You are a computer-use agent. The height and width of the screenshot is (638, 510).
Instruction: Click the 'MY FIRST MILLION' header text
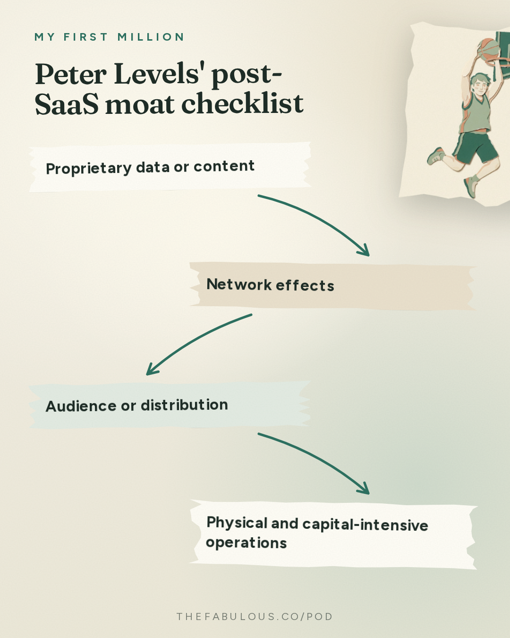(110, 37)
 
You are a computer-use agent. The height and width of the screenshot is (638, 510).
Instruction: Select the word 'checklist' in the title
(242, 103)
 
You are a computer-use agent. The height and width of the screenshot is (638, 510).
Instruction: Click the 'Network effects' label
(270, 285)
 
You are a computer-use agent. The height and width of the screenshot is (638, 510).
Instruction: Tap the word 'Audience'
(81, 406)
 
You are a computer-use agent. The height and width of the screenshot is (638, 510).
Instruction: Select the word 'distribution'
(184, 405)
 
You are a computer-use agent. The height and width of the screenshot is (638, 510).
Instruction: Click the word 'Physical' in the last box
(237, 523)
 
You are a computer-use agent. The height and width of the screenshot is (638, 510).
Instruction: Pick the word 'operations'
(246, 543)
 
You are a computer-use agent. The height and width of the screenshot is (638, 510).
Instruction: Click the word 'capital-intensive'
(365, 525)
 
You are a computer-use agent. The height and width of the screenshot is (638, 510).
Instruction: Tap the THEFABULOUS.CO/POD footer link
(255, 617)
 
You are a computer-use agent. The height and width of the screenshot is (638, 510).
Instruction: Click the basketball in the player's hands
(488, 50)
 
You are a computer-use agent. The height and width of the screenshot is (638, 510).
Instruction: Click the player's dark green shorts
(475, 147)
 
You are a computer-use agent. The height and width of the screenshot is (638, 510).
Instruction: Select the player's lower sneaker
(471, 187)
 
